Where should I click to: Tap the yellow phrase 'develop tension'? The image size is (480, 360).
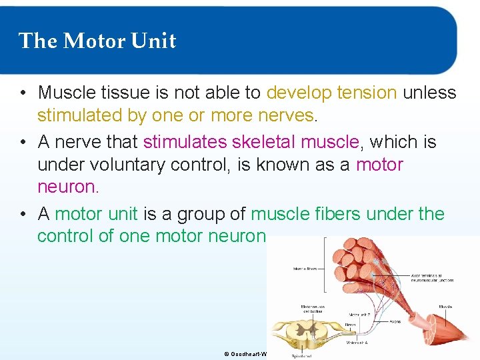[x=331, y=93]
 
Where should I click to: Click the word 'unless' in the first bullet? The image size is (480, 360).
[x=430, y=93]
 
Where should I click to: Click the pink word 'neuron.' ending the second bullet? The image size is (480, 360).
[x=68, y=187]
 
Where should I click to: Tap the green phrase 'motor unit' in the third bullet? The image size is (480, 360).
[x=96, y=214]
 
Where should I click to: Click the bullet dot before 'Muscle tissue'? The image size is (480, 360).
[x=23, y=93]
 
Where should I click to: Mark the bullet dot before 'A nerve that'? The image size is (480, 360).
[x=23, y=141]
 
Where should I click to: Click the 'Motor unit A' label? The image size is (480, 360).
[x=359, y=343]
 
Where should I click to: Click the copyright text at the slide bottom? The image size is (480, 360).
[x=245, y=354]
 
